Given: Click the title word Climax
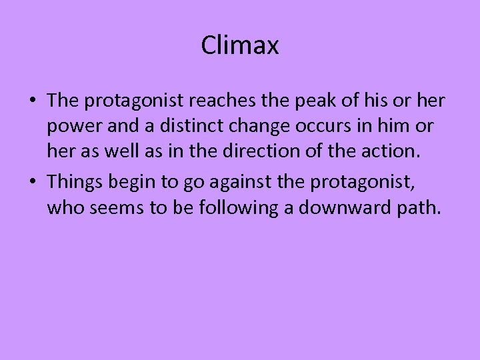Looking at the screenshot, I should [239, 46].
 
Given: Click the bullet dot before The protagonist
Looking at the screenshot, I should [32, 101].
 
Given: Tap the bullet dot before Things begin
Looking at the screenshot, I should [32, 181].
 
